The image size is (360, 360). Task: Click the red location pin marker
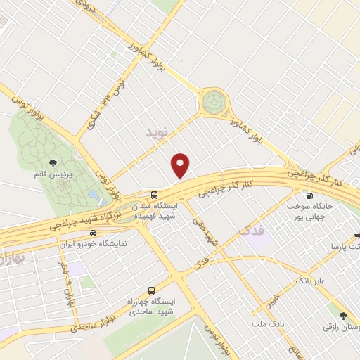(181, 165)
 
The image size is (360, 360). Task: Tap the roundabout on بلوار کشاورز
(212, 103)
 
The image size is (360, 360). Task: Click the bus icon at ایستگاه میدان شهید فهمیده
(154, 195)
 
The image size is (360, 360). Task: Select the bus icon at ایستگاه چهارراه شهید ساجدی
(153, 290)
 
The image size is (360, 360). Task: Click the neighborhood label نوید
(158, 131)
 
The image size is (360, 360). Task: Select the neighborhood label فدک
(250, 229)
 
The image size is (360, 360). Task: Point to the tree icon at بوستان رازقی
(342, 317)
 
